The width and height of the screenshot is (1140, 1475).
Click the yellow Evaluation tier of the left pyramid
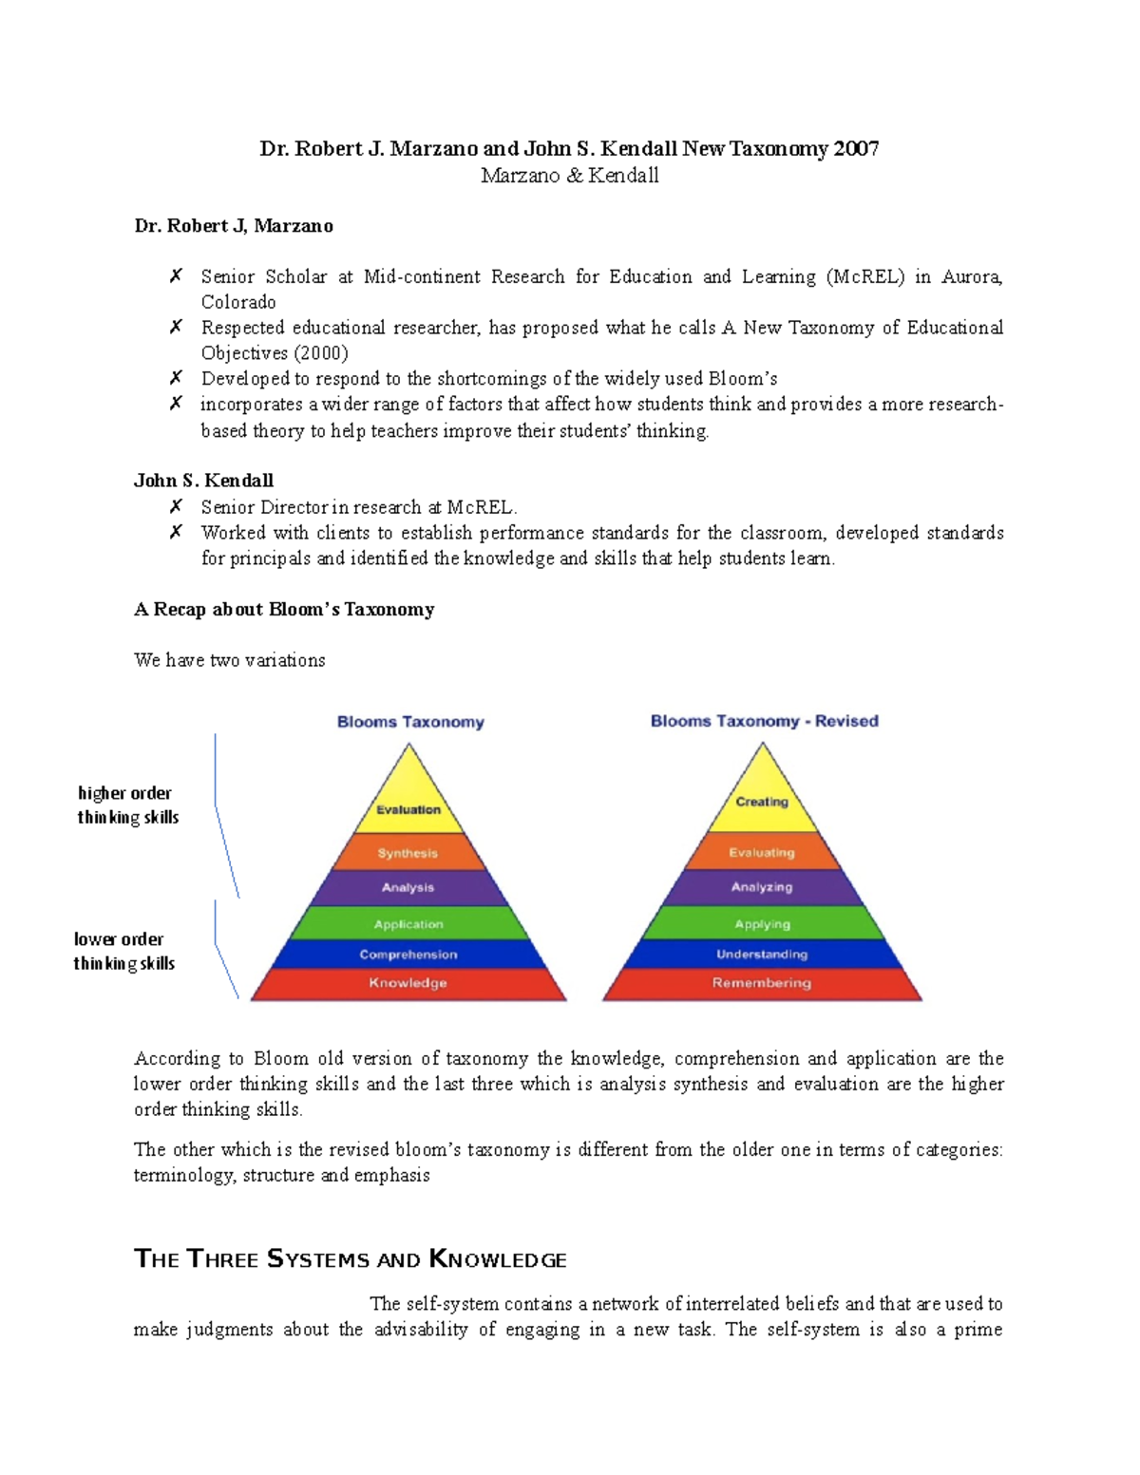(408, 808)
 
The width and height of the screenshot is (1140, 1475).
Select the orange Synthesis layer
(408, 853)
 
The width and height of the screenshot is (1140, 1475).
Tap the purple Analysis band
(408, 887)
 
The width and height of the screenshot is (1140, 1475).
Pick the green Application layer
(408, 924)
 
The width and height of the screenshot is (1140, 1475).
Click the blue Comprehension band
(408, 955)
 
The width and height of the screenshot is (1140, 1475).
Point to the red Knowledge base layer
(408, 983)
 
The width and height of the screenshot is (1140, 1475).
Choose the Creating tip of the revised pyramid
(762, 801)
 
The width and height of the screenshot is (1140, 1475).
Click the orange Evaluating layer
(762, 852)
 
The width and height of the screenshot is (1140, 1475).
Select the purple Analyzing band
(762, 887)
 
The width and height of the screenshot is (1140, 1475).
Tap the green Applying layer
(762, 924)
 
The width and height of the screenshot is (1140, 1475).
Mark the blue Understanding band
(762, 955)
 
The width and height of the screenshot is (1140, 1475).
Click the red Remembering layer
(762, 983)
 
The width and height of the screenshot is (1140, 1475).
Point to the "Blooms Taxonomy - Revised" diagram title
(764, 721)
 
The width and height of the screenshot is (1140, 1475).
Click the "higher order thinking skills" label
(127, 804)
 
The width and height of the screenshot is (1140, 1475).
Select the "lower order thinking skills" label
(123, 951)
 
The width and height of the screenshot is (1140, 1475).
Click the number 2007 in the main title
(856, 148)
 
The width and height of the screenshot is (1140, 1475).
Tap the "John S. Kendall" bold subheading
(203, 481)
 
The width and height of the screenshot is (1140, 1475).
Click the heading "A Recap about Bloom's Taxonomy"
(284, 610)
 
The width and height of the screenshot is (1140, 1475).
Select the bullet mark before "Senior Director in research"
(176, 507)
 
